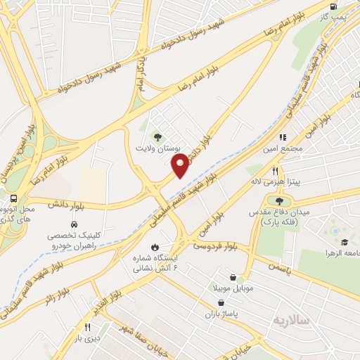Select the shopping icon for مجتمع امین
coord(283,137)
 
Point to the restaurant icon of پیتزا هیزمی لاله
coord(275,171)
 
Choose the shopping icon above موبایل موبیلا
coord(241,278)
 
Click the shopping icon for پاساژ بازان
coord(221,302)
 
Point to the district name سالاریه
coord(290,320)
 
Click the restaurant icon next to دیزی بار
coord(87,326)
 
